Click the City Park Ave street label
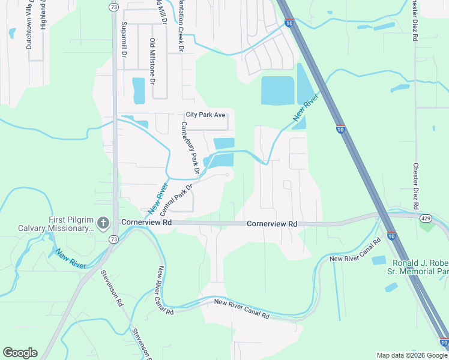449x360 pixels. coord(205,115)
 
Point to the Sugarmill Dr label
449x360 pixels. coord(124,40)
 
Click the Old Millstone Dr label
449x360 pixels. coord(152,61)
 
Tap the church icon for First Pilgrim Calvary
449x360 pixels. coord(103,224)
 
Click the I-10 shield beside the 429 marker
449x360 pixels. coord(391,236)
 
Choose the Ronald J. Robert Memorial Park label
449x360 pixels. coord(420,268)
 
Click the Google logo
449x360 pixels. coord(20,353)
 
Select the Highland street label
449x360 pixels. coord(43,15)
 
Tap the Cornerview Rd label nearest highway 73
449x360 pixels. coord(146,222)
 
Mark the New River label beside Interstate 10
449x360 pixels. coord(305,110)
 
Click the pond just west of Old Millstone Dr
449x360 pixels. coord(139,91)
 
